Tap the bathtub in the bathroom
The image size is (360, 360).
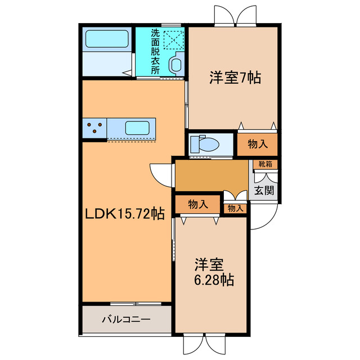[x=107, y=40]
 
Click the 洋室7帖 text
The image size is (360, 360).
[x=235, y=78]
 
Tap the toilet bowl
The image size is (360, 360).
[x=205, y=145]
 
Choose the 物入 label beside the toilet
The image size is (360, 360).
[x=257, y=144]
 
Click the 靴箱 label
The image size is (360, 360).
[x=265, y=164]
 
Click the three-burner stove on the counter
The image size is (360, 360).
[x=95, y=128]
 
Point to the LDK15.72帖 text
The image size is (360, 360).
[x=124, y=214]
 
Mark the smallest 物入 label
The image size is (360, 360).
[x=236, y=208]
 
